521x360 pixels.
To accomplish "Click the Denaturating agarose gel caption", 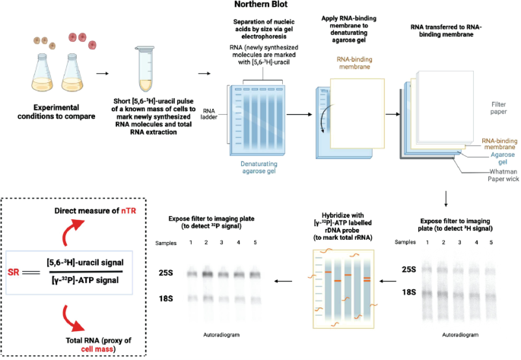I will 256,167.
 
